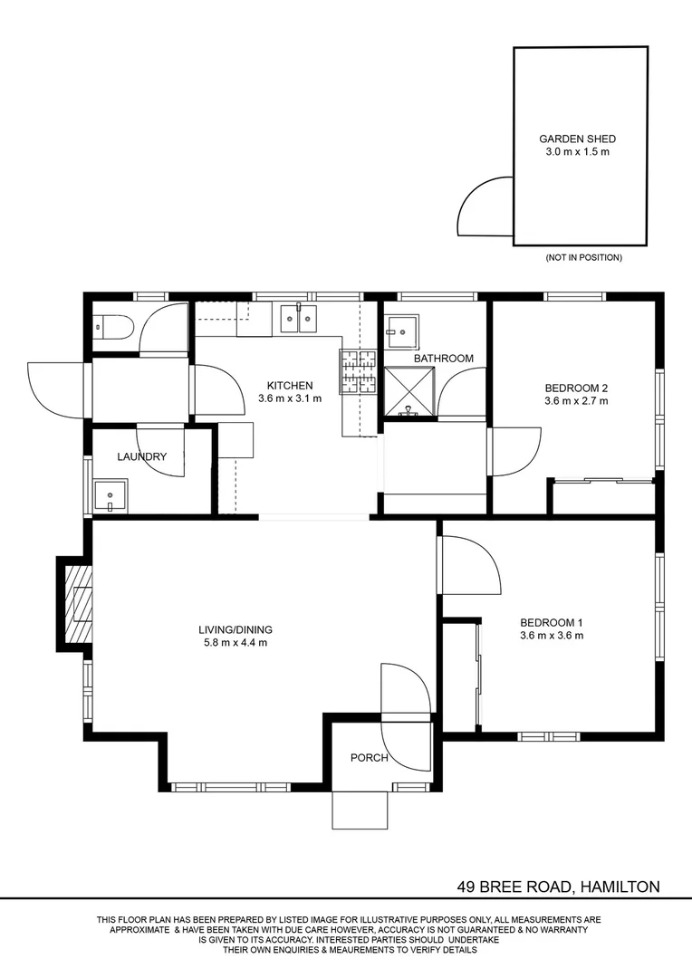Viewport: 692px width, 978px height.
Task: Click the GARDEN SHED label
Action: pyautogui.click(x=577, y=139)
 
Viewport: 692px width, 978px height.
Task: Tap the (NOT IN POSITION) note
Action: pyautogui.click(x=583, y=258)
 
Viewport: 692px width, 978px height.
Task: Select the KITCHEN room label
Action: pyautogui.click(x=290, y=385)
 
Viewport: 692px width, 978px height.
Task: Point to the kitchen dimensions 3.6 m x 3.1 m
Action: pyautogui.click(x=290, y=398)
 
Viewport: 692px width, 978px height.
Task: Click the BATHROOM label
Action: pyautogui.click(x=444, y=359)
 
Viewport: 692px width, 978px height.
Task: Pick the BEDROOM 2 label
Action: pyautogui.click(x=576, y=387)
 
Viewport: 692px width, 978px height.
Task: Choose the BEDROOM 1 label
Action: pyautogui.click(x=551, y=622)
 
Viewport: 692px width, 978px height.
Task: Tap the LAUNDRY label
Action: pyautogui.click(x=141, y=456)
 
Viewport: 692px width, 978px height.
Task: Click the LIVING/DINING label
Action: pyautogui.click(x=235, y=629)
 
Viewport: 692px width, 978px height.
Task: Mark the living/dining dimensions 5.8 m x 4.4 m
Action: pyautogui.click(x=235, y=643)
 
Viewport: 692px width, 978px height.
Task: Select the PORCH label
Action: pyautogui.click(x=370, y=758)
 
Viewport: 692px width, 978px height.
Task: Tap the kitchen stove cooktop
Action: pyautogui.click(x=358, y=371)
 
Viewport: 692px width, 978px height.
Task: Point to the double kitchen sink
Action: pyautogui.click(x=298, y=317)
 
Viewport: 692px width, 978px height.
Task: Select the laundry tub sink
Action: pyautogui.click(x=112, y=496)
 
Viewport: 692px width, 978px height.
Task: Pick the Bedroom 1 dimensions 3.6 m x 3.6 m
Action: pyautogui.click(x=551, y=636)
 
